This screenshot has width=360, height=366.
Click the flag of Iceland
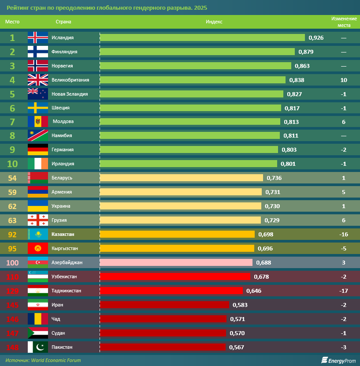tap(37, 37)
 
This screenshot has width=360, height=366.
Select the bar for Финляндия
tap(197, 52)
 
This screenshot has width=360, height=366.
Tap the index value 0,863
tap(302, 66)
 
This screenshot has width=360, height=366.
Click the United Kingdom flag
tap(37, 80)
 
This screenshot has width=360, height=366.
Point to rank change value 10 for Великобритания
tap(344, 80)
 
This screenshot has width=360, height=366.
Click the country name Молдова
tap(63, 121)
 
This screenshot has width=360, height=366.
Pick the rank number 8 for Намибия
tap(12, 135)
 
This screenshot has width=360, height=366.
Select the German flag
tap(37, 149)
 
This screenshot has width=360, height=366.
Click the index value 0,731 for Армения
tap(273, 192)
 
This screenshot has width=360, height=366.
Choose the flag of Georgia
tap(37, 220)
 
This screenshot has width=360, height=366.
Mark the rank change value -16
tap(344, 234)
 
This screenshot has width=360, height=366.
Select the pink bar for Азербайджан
tap(176, 262)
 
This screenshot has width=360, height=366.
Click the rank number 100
tap(12, 262)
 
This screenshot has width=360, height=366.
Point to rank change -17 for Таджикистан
tap(344, 291)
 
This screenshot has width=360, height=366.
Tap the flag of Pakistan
tap(37, 347)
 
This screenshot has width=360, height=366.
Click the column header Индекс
tap(214, 22)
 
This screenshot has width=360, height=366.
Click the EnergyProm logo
tap(338, 360)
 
